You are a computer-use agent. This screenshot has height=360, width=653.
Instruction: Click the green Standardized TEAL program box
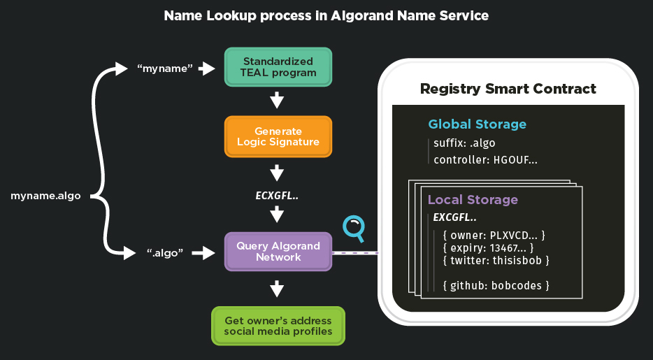278,67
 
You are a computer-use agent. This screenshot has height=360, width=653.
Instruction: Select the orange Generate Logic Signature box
278,136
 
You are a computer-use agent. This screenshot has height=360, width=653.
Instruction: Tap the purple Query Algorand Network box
278,252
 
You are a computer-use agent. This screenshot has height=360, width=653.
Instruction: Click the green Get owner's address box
278,326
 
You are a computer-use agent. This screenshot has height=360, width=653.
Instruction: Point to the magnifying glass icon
354,228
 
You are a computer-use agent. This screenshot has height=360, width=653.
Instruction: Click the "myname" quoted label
164,69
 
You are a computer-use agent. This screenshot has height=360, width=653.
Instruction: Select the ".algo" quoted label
164,253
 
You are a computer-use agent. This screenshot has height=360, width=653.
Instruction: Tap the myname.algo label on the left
45,196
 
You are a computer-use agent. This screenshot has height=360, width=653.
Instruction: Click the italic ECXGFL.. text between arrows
278,196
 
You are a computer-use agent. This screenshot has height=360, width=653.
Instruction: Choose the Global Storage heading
477,124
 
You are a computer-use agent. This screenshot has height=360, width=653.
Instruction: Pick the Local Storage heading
473,200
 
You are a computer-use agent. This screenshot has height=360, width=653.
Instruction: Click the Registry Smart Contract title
508,89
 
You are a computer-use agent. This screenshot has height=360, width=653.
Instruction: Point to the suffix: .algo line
464,144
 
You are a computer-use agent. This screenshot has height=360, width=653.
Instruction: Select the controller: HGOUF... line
485,160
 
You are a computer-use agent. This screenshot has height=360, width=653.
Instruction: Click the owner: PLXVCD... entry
494,234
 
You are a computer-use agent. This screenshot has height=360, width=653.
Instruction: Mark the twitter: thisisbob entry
496,261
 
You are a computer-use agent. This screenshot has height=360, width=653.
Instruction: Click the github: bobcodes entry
496,285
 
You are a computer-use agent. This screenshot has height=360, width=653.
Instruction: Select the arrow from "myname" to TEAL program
206,69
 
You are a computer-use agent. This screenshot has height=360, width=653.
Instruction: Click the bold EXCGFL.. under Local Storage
455,217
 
